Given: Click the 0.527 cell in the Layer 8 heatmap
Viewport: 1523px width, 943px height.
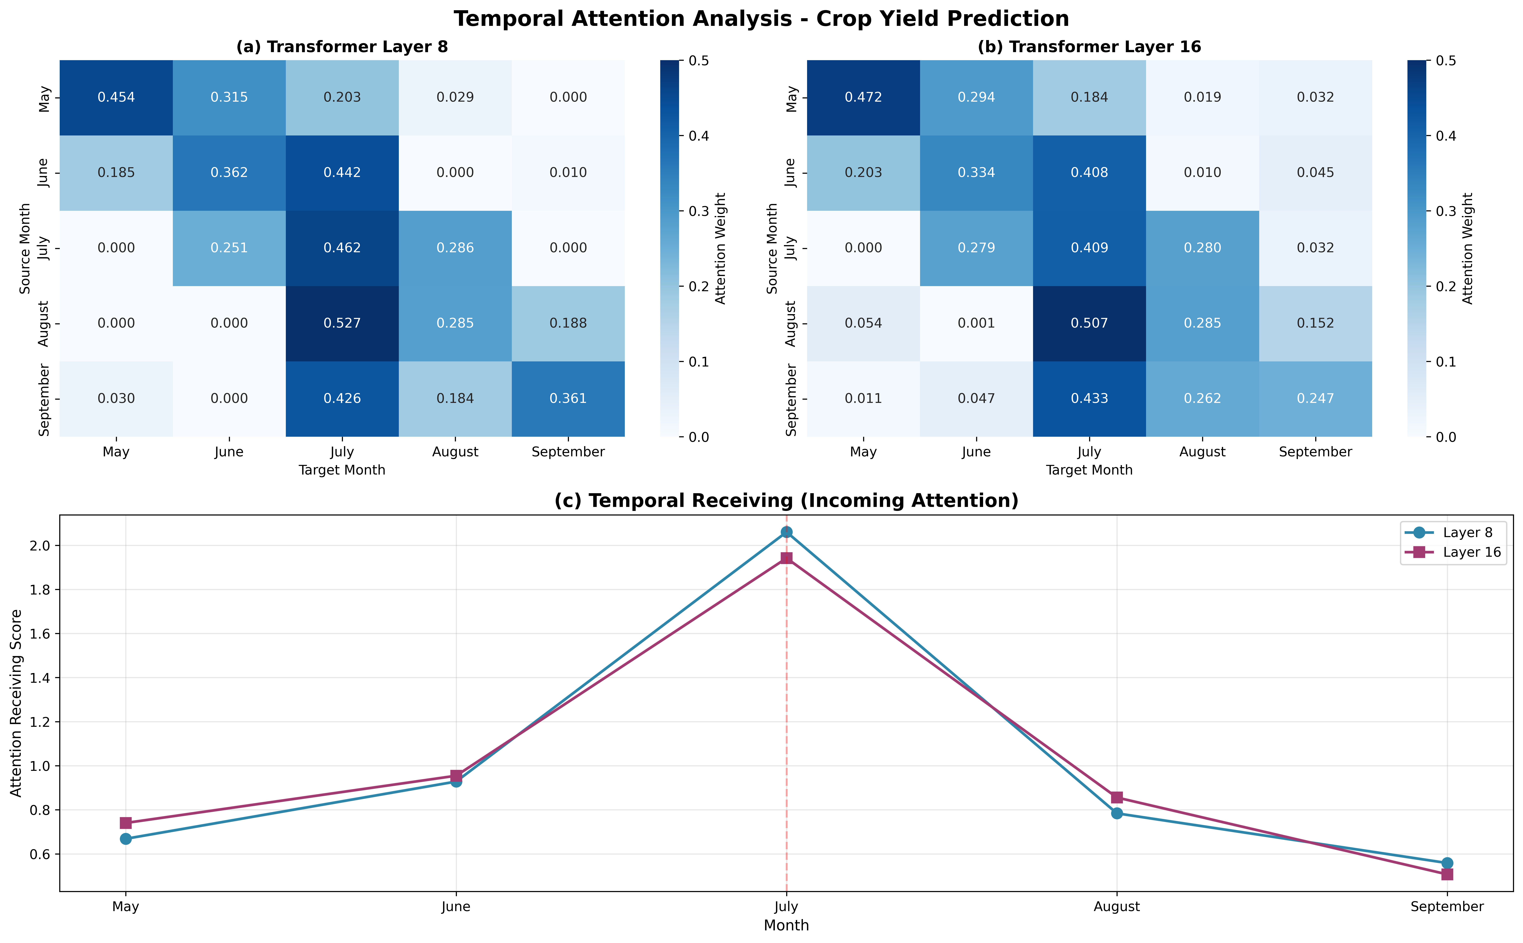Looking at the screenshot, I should pyautogui.click(x=342, y=323).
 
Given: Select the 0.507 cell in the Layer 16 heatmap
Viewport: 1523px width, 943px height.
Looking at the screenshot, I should pyautogui.click(x=1089, y=323).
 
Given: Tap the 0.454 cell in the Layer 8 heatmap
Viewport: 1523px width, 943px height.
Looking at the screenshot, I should pyautogui.click(x=116, y=97).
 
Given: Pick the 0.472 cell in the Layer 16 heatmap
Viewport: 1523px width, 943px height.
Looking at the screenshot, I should pyautogui.click(x=863, y=97).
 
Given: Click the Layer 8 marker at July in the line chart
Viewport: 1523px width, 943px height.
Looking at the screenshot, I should pyautogui.click(x=786, y=532).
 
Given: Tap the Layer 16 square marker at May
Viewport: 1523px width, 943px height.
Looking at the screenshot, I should pyautogui.click(x=126, y=823).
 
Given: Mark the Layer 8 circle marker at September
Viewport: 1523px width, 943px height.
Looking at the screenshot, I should pyautogui.click(x=1447, y=863).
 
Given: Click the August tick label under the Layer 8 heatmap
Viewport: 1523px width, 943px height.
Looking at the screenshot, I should pyautogui.click(x=455, y=452).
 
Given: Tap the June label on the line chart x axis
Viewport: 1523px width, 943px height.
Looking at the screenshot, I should pyautogui.click(x=456, y=907).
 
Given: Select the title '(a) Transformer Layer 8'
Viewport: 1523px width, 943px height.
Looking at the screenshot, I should pyautogui.click(x=342, y=47).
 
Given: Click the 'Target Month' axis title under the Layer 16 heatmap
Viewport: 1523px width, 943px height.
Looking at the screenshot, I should pyautogui.click(x=1089, y=470).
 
